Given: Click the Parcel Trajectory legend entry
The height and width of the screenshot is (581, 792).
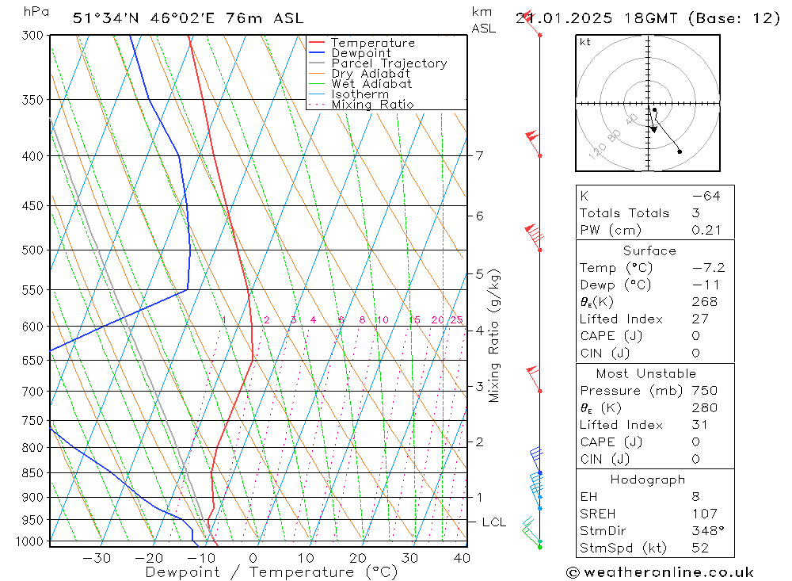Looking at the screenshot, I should (389, 63).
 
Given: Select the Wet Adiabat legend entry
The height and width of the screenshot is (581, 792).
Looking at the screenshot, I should (371, 84).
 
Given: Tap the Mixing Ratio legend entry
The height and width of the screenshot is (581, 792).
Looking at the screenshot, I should (372, 105).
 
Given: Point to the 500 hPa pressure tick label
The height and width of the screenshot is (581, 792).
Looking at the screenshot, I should (32, 250).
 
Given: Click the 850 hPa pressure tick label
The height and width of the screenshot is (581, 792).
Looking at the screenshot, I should (32, 473).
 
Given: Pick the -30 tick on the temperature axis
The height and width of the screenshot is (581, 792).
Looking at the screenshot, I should (97, 557).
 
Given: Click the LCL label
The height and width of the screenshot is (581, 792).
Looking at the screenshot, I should (493, 522).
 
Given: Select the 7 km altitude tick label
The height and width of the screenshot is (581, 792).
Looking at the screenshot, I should (480, 155).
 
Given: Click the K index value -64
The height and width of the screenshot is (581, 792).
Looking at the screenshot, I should (705, 196).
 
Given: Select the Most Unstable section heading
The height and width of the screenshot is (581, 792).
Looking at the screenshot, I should (646, 373).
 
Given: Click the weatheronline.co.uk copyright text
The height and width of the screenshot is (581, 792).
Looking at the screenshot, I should (660, 572).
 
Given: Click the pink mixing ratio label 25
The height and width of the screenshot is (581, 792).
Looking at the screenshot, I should (456, 320).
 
